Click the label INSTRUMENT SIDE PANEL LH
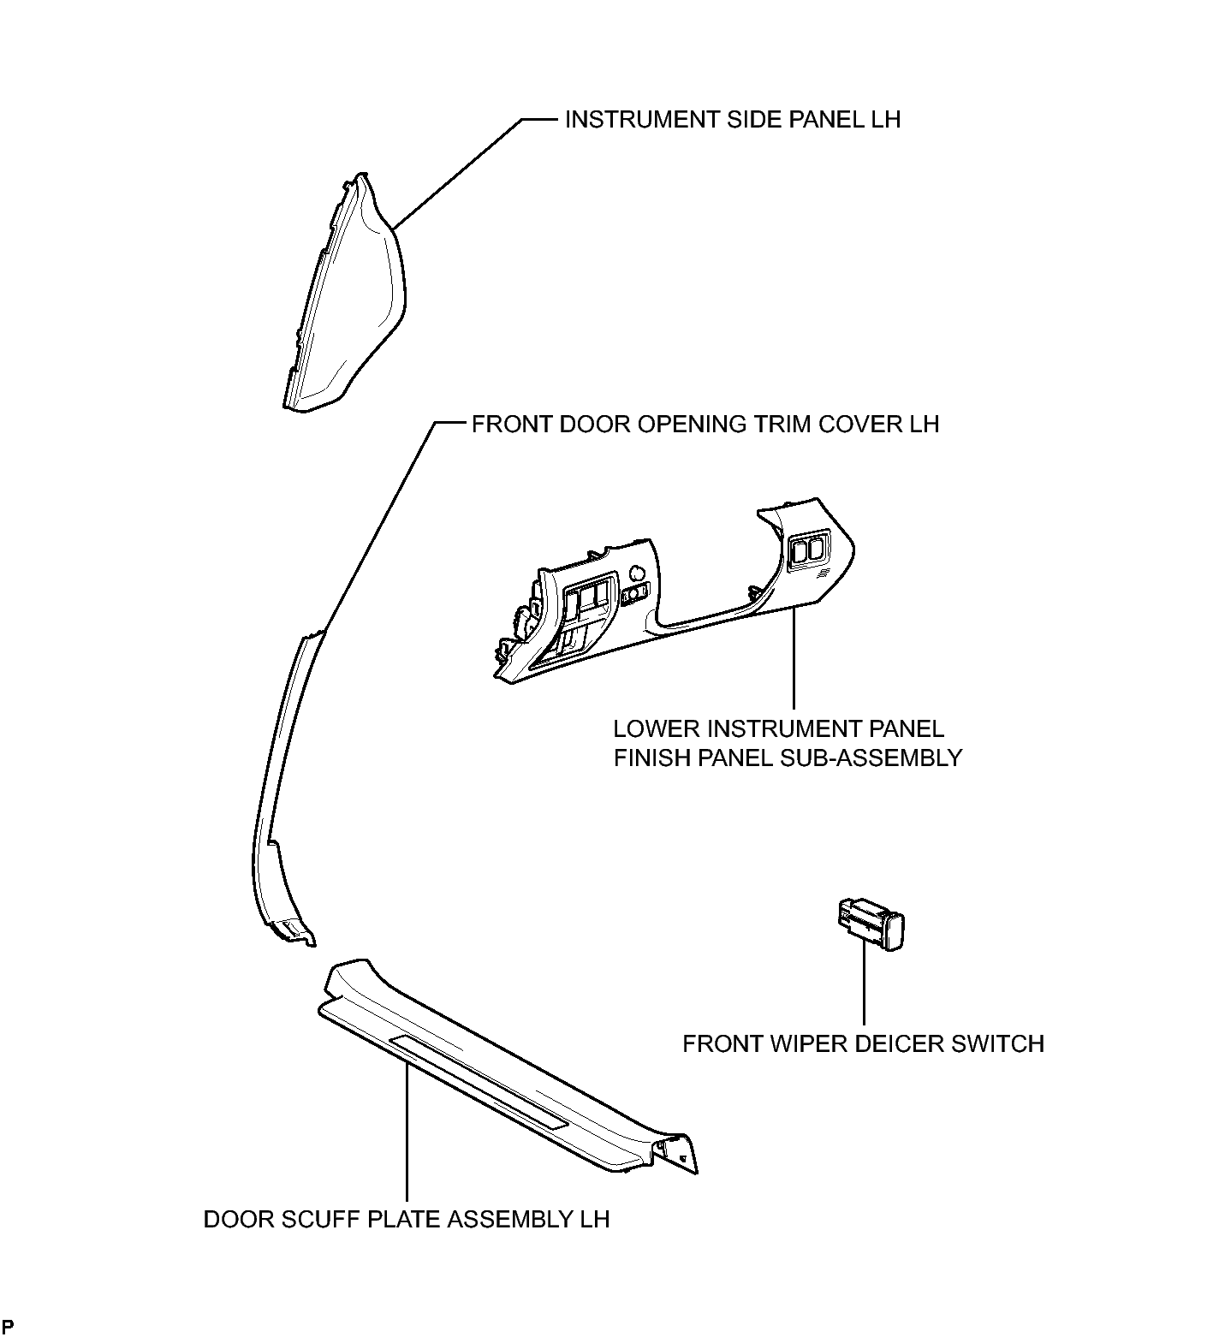tap(733, 120)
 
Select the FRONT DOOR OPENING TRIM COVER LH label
tap(705, 425)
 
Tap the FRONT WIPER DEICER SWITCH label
tap(863, 1044)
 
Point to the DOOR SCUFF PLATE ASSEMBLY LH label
tap(407, 1219)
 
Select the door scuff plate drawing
tap(509, 1066)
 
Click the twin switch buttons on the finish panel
tap(807, 549)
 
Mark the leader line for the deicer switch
tap(864, 984)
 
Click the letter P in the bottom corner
tap(8, 1328)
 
